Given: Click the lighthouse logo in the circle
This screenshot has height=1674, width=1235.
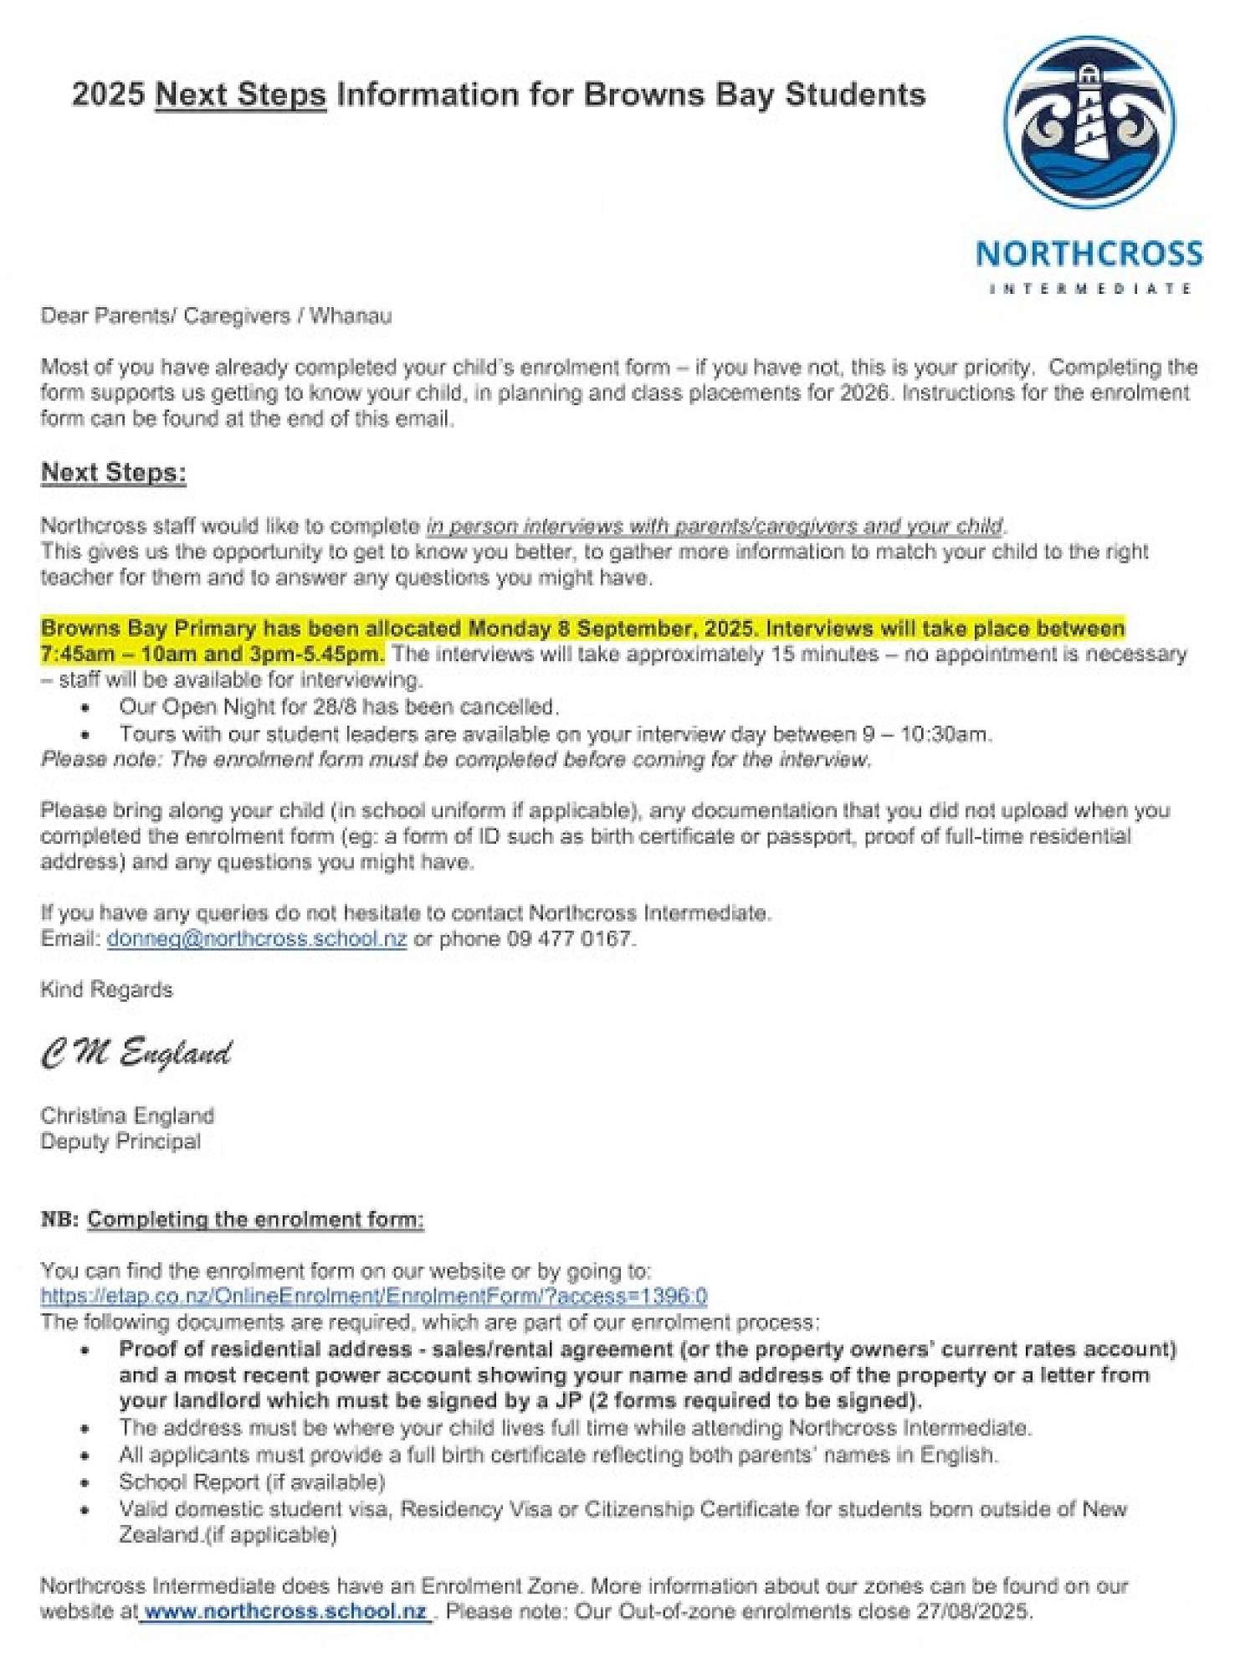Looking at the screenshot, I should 1089,122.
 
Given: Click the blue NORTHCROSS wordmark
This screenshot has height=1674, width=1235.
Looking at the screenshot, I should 1089,254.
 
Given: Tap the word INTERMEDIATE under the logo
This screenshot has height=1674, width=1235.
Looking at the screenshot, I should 1089,289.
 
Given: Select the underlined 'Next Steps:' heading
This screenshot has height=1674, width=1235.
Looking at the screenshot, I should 114,472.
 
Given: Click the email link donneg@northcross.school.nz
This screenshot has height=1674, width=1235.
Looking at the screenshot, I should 257,938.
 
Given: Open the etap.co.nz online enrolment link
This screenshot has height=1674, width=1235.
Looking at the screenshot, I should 374,1296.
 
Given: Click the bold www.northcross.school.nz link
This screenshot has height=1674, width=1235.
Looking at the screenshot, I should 285,1611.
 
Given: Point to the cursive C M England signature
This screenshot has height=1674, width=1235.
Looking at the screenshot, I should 136,1053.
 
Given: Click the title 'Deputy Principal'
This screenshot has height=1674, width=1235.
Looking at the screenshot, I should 120,1142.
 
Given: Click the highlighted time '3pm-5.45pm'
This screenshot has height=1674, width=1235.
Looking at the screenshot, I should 315,654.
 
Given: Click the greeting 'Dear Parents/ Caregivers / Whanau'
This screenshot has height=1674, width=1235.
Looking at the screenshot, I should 216,316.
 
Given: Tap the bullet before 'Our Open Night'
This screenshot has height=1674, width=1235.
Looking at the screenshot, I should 86,708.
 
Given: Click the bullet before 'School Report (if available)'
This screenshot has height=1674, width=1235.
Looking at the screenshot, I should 86,1483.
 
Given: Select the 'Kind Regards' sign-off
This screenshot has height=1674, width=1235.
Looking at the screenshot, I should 106,989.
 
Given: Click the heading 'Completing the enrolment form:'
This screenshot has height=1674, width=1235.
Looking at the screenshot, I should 255,1220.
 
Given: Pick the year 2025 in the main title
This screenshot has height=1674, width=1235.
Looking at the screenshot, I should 108,94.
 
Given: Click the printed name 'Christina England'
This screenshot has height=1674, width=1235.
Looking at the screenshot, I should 127,1116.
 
